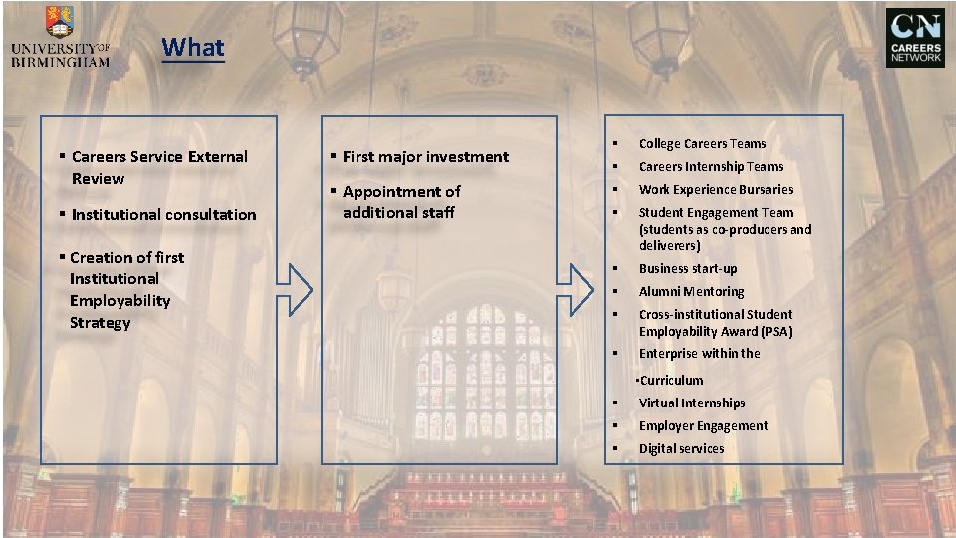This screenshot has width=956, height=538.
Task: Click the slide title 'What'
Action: pyautogui.click(x=194, y=47)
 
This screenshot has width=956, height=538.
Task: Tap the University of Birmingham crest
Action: pyautogui.click(x=59, y=23)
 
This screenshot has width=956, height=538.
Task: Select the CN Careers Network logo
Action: pyautogui.click(x=915, y=38)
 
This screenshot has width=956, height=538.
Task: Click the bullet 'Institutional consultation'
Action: pyautogui.click(x=163, y=215)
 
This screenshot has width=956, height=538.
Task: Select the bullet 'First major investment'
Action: pyautogui.click(x=425, y=157)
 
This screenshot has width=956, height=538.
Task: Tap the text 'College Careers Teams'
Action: pyautogui.click(x=702, y=144)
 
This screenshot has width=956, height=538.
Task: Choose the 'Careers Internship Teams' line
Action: pyautogui.click(x=711, y=167)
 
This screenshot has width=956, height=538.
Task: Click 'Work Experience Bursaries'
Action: pyautogui.click(x=716, y=190)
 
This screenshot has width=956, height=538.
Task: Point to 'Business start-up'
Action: pyautogui.click(x=688, y=269)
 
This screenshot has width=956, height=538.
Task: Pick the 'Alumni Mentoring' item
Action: pyautogui.click(x=691, y=292)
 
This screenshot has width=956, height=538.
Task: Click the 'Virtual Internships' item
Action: pyautogui.click(x=692, y=403)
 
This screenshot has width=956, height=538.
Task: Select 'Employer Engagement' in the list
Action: pyautogui.click(x=703, y=426)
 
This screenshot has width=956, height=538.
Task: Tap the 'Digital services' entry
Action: pyautogui.click(x=681, y=449)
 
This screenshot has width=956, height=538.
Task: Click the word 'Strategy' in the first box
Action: pyautogui.click(x=100, y=323)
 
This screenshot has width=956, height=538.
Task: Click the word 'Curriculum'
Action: pyautogui.click(x=672, y=381)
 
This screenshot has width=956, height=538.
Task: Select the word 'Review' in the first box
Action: pyautogui.click(x=98, y=179)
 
